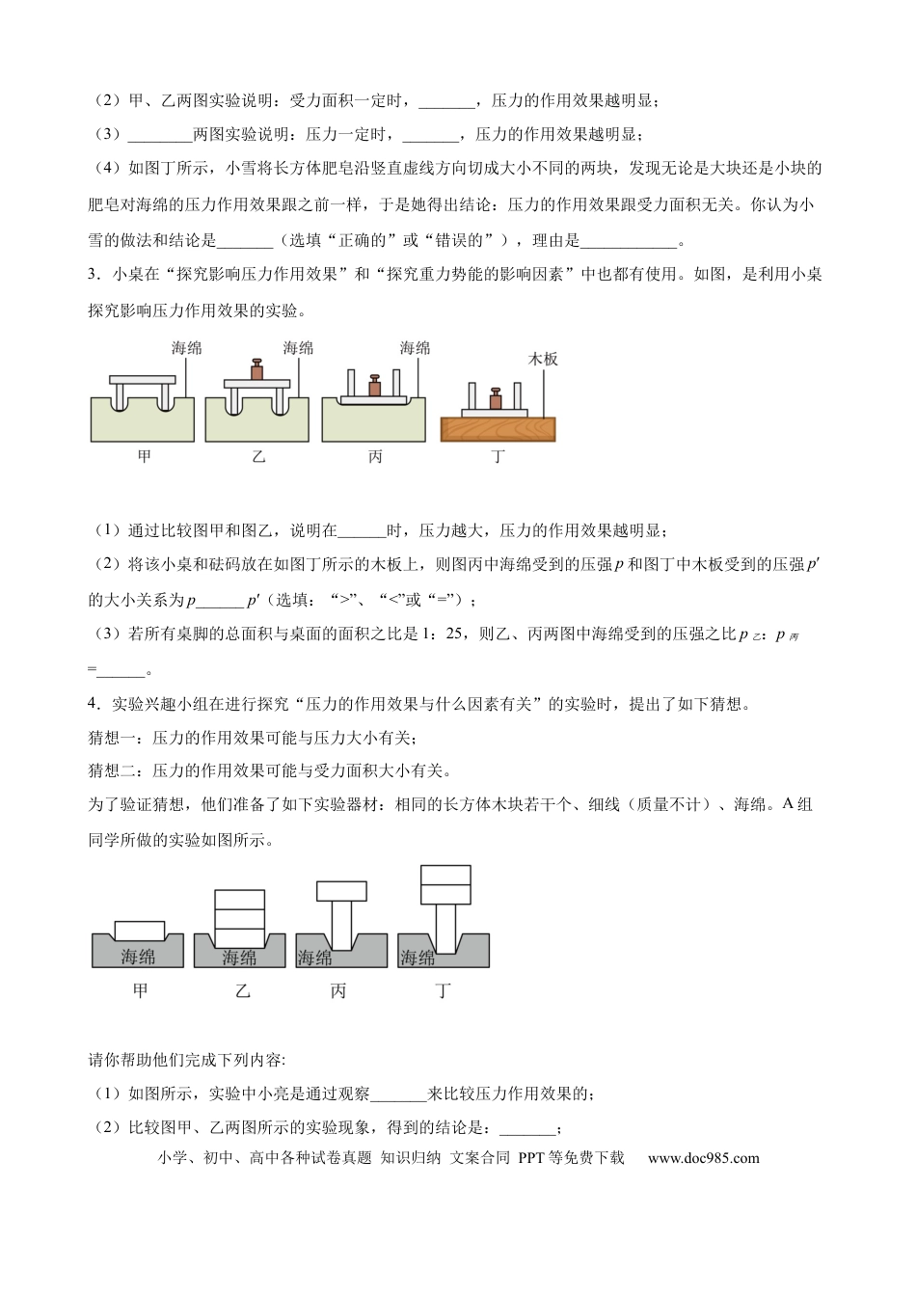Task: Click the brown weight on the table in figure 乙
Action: point(257,370)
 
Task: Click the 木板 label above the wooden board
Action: point(543,359)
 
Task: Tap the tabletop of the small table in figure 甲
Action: point(143,381)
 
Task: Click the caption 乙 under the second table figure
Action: point(258,456)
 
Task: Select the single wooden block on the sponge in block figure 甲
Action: point(141,929)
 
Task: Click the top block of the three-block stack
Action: point(239,899)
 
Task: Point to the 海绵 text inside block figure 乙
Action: point(239,957)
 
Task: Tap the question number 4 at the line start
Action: point(93,704)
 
